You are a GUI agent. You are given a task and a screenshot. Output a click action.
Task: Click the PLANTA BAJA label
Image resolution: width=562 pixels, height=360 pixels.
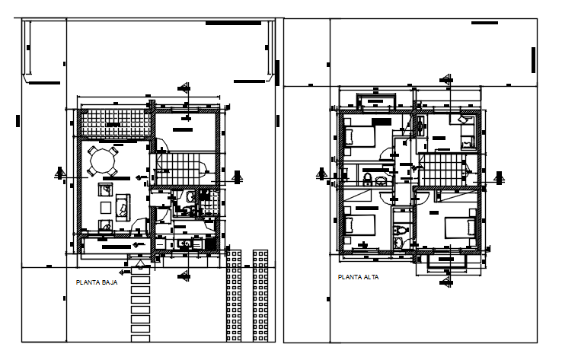[x=97, y=282]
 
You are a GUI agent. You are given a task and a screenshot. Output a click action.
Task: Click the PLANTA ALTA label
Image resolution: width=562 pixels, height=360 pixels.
[x=357, y=277]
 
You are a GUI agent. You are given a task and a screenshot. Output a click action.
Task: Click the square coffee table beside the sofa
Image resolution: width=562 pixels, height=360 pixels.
[x=105, y=205]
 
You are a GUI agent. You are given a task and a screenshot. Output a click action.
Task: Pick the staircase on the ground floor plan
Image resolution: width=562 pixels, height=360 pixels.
[x=180, y=167]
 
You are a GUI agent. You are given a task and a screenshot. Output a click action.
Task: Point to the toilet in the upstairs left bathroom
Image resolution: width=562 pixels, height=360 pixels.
[x=367, y=179]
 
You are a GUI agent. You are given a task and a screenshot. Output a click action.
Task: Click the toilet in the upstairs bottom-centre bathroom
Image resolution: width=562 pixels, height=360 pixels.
[x=401, y=231]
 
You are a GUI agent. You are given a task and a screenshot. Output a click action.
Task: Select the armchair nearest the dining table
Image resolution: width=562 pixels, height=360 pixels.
[x=105, y=188]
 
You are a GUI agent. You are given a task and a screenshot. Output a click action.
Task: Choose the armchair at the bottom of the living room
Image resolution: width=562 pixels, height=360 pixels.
[x=105, y=224]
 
